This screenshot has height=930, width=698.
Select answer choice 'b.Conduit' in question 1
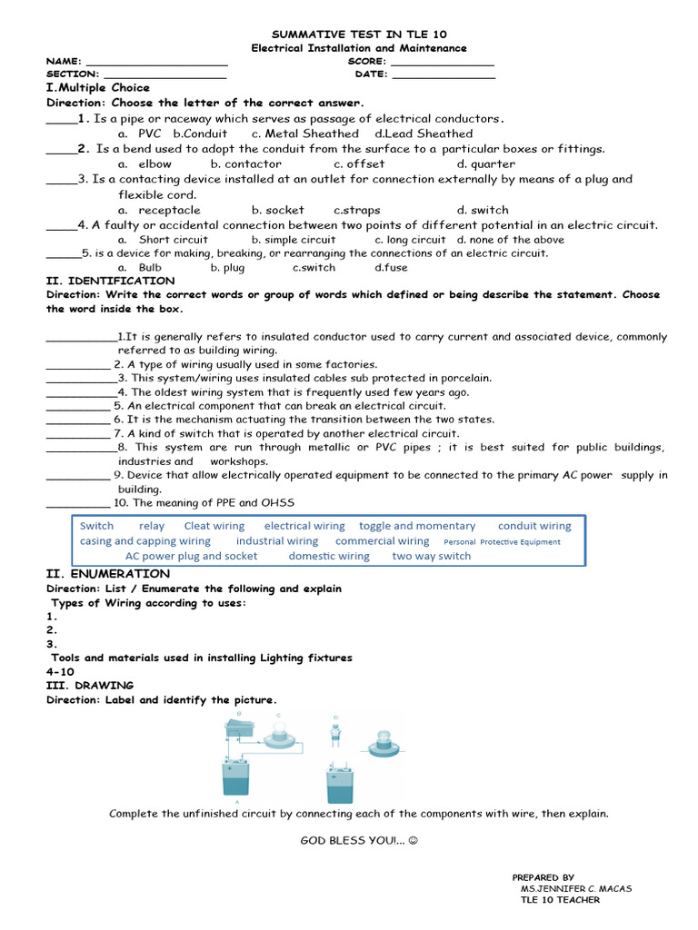pyautogui.click(x=200, y=134)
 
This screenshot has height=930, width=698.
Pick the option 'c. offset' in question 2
pyautogui.click(x=359, y=164)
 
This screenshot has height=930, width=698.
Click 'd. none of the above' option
pyautogui.click(x=510, y=240)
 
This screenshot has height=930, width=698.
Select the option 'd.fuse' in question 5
pyautogui.click(x=391, y=268)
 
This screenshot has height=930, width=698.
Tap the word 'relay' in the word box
pyautogui.click(x=152, y=526)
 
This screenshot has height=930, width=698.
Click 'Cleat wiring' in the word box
pyautogui.click(x=214, y=526)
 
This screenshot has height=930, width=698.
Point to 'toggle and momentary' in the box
pyautogui.click(x=417, y=526)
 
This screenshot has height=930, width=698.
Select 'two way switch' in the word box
pyautogui.click(x=432, y=556)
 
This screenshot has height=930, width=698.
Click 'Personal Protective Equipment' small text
pyautogui.click(x=502, y=542)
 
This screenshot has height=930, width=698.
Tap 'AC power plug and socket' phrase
pyautogui.click(x=191, y=556)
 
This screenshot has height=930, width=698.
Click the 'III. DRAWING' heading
pyautogui.click(x=90, y=686)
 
